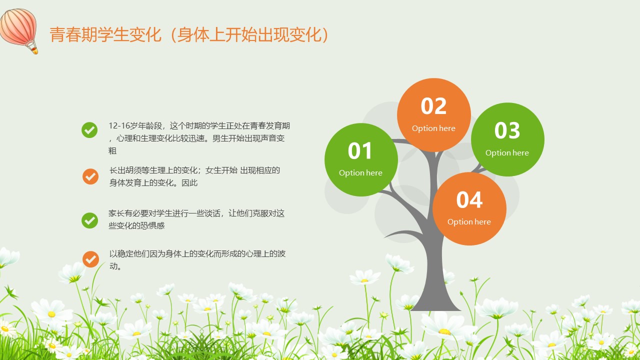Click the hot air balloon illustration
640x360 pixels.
pos(19,30)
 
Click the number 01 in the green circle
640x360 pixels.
pos(360,150)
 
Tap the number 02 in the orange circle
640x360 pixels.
pos(433,106)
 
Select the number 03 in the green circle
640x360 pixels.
pos(507,130)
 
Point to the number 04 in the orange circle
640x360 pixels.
pos(469,199)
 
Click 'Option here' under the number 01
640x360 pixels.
pos(360,173)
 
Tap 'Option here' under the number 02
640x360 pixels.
pos(433,128)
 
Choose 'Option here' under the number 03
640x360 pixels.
pos(507,153)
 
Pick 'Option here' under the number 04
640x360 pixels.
pos(469,222)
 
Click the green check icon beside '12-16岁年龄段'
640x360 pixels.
pos(89,130)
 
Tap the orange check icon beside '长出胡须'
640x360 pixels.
pos(90,176)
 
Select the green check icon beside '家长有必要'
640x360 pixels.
pos(89,220)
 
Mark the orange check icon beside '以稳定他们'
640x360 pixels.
pos(91,259)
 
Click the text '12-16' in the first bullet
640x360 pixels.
pos(119,125)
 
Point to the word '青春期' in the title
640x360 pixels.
pos(73,34)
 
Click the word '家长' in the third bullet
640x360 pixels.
pos(116,213)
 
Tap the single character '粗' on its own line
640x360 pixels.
pos(112,151)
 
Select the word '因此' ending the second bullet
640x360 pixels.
pos(189,183)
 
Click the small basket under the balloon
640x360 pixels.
pos(34,51)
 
